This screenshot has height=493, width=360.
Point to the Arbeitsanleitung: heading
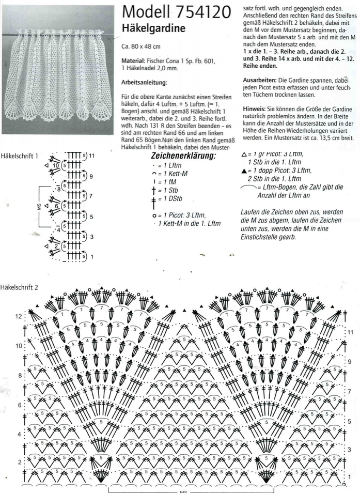tap(144, 82)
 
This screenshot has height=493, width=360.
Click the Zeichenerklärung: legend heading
tap(183, 156)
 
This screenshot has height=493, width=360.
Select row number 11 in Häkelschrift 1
tap(92, 156)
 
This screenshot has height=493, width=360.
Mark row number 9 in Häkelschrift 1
tap(91, 176)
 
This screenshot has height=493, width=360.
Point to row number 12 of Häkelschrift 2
tap(19, 316)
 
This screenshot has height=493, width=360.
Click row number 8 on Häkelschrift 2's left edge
tap(20, 376)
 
